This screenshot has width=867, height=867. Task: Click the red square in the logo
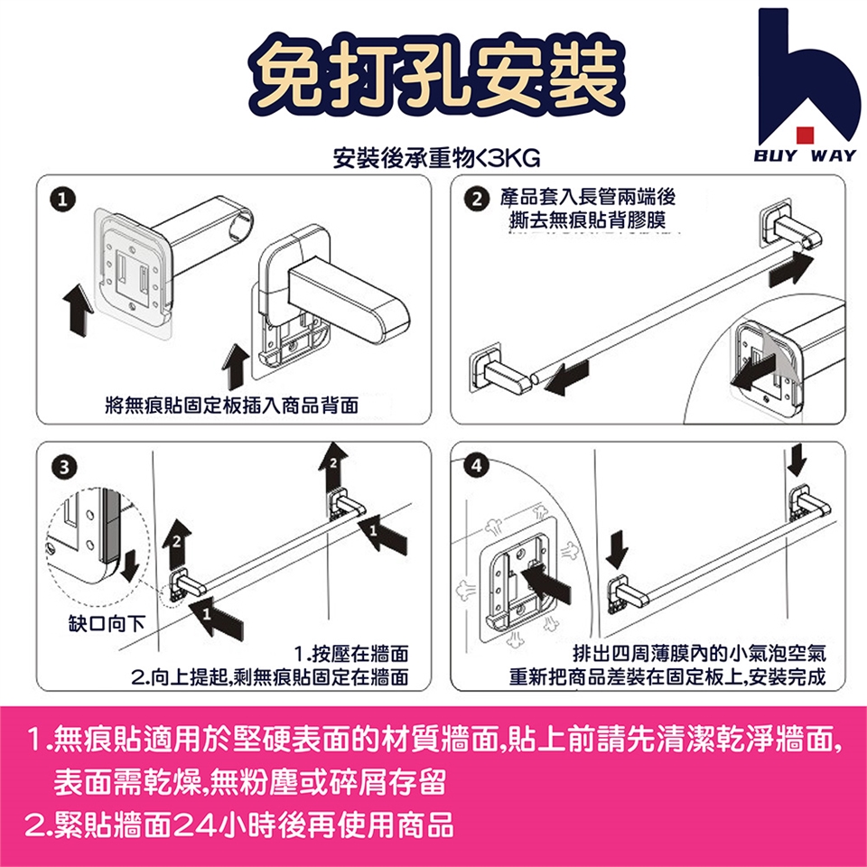(805, 135)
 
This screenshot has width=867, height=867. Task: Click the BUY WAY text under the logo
(805, 155)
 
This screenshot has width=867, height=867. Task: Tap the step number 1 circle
(62, 199)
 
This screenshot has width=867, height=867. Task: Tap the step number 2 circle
(477, 199)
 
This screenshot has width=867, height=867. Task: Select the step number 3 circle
(63, 467)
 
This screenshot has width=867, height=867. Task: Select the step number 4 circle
(477, 466)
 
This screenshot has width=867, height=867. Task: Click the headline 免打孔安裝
(437, 75)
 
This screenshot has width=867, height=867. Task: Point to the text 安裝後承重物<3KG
(436, 159)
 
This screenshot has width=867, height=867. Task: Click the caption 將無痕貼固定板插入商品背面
(232, 406)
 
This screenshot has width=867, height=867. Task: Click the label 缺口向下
(107, 624)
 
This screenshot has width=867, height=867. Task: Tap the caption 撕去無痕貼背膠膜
(587, 220)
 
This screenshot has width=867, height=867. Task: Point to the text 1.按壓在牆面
(351, 654)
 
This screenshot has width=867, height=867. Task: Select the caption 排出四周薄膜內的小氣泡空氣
(699, 654)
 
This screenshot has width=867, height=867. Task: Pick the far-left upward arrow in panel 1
(79, 310)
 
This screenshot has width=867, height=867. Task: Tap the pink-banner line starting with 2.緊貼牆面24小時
(239, 825)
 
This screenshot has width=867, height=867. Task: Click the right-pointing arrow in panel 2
(792, 269)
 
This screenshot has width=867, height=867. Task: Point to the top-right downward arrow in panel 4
(797, 460)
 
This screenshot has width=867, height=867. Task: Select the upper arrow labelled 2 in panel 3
(333, 467)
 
